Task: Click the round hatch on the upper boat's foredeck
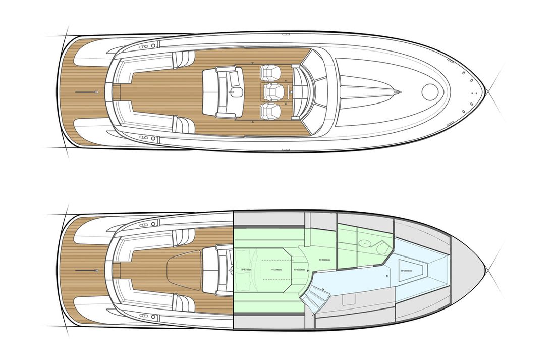tap(431, 91)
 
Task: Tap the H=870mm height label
tap(247, 270)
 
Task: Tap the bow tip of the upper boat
tap(485, 92)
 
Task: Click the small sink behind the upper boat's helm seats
tap(236, 92)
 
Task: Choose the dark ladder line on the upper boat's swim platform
tap(86, 92)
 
